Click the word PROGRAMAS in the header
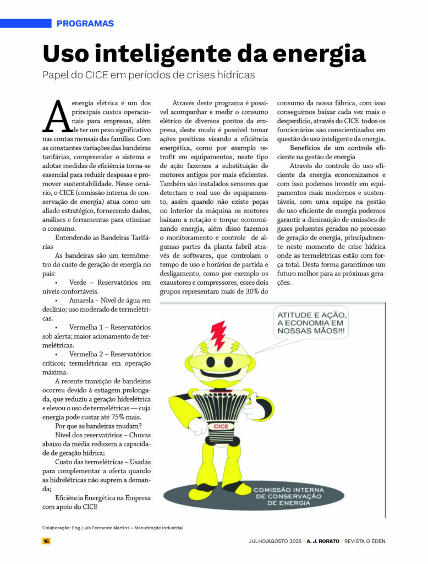click(x=85, y=24)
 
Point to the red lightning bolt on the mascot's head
click(x=218, y=335)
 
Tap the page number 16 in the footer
click(x=46, y=541)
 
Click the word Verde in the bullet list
click(x=80, y=283)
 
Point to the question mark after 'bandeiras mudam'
click(x=141, y=426)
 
